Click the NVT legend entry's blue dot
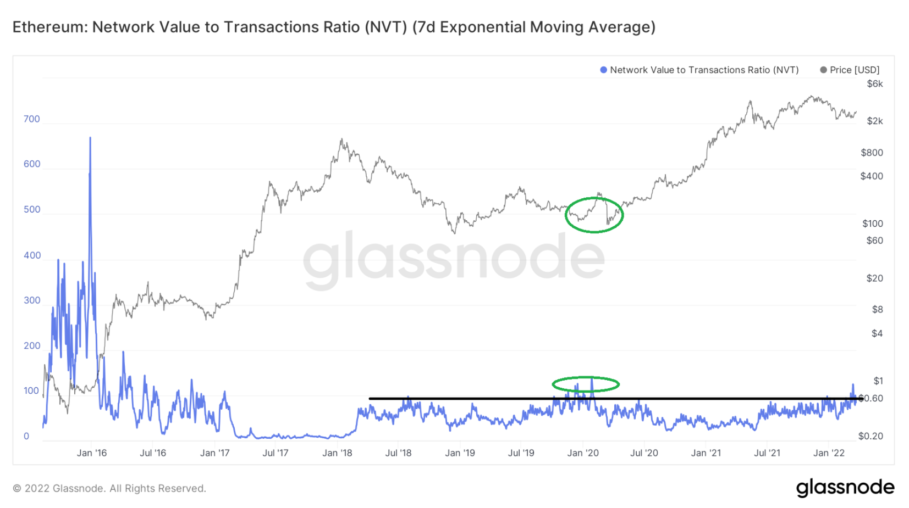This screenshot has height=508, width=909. [603, 70]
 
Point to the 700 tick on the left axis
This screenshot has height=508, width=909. [32, 119]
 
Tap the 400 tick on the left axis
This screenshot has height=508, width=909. [32, 255]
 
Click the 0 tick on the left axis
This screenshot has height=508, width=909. [26, 437]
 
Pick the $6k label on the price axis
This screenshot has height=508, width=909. [874, 84]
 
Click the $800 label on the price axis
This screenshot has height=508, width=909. [872, 153]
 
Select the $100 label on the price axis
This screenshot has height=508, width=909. [872, 224]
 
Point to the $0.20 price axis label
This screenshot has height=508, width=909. [871, 436]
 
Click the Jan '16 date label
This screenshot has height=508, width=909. [92, 453]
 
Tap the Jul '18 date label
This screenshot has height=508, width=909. [398, 453]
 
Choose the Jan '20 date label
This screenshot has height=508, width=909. [583, 453]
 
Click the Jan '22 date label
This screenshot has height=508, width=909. [829, 453]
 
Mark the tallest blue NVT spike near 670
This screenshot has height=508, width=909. [90, 139]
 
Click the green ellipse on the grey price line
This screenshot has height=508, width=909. [594, 215]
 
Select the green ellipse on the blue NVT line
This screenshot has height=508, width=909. [586, 384]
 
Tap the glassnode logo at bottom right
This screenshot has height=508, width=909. [845, 487]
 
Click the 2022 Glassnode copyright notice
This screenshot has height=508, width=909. [109, 488]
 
